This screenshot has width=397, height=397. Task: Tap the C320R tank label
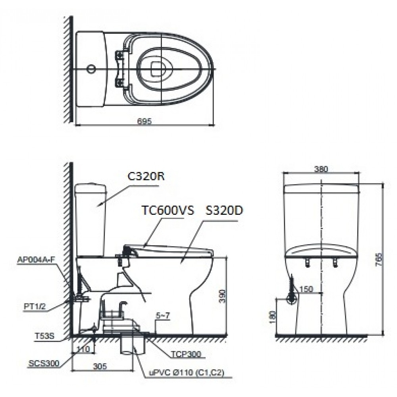(146, 176)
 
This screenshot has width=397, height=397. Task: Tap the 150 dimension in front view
(306, 289)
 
